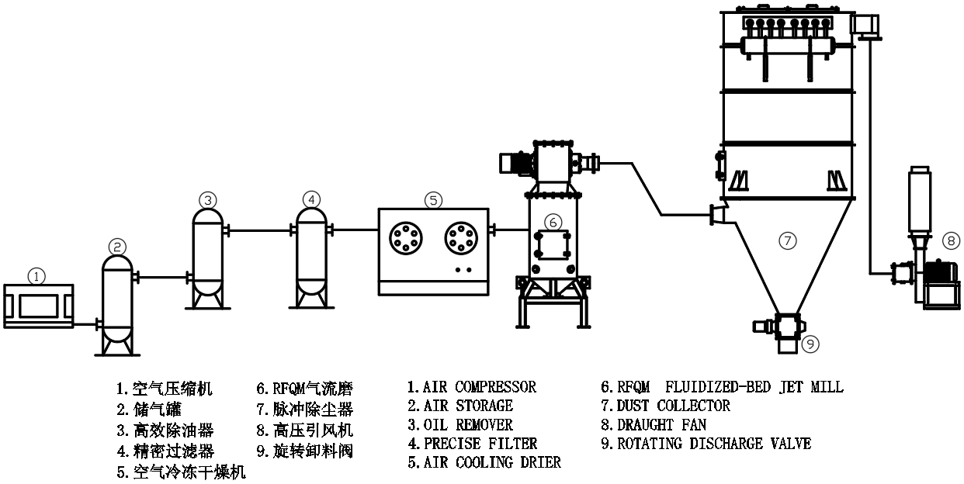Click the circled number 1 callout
coord(36,275)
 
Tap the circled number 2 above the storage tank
coord(117,247)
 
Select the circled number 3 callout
coord(207,200)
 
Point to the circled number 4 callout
coord(311,199)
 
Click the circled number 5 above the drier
coord(433,199)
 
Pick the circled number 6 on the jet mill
coord(553,222)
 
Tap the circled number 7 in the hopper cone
coord(787,241)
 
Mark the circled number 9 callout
coord(809,342)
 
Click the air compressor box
coord(38,306)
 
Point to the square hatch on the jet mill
coord(552,247)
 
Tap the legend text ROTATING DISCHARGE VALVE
coord(714,444)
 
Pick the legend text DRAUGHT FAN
coord(662,425)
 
